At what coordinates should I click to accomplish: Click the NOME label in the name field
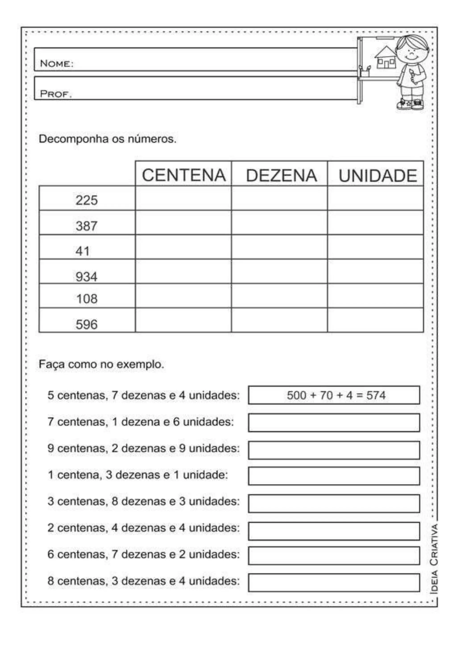coord(56,64)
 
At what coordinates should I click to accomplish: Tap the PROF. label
coord(56,94)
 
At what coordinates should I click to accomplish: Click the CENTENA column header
coord(183,175)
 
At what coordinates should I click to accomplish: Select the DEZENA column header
coord(281,176)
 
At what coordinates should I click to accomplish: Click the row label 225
coord(86,200)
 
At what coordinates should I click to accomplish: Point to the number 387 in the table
coord(86,226)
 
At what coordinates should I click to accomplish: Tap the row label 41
coord(82,251)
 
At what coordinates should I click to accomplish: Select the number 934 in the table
coord(86,277)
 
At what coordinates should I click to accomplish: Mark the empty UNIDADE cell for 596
coord(375,320)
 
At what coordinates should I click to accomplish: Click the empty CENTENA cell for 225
coord(183,198)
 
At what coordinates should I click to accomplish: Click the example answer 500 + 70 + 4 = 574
coord(336,395)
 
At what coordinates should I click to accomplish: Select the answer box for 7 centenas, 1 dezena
coord(334,422)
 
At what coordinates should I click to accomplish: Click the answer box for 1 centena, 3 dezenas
coord(334,476)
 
